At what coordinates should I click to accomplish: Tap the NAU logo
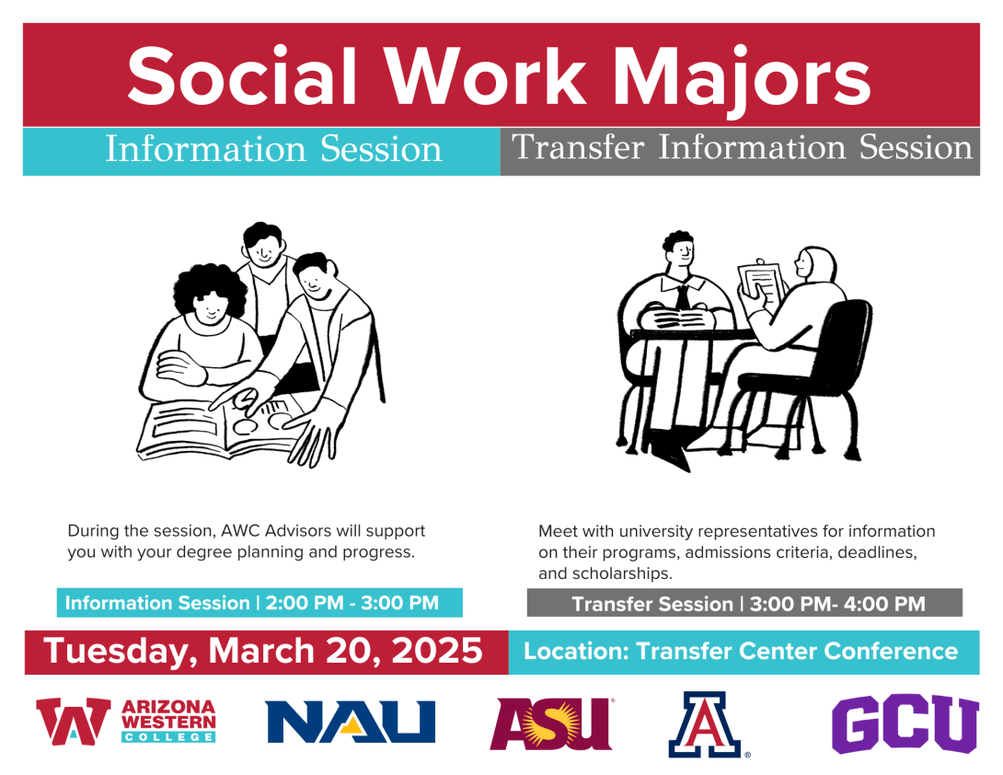tap(351, 722)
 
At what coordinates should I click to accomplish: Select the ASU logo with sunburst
tap(551, 723)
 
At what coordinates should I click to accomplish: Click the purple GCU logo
tap(905, 723)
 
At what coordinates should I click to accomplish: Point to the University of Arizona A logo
tap(706, 724)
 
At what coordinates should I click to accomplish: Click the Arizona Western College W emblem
tap(73, 722)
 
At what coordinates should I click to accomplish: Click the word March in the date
tap(262, 651)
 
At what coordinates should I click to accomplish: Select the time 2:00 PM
tap(305, 603)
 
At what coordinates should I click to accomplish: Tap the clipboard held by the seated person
tap(762, 284)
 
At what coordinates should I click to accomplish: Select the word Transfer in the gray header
tap(578, 147)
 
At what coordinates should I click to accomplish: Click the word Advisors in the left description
tap(298, 531)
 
